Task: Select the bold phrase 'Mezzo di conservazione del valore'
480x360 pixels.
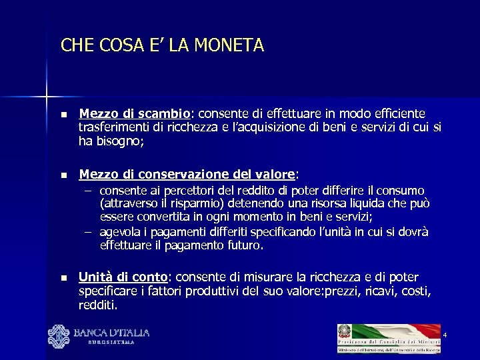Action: pos(187,175)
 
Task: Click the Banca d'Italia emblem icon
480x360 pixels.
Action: pos(58,335)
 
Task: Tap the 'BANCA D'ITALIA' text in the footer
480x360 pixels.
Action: pos(111,332)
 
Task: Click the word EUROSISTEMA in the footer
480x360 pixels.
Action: pos(111,342)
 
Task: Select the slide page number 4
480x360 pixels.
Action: pos(444,334)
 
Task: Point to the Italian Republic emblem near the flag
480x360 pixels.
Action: pos(345,331)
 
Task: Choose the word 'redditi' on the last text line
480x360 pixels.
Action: pos(97,305)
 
